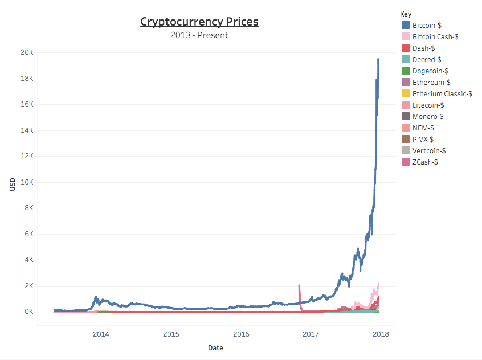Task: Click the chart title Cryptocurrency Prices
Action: (x=199, y=22)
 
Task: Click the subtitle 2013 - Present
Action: (x=199, y=35)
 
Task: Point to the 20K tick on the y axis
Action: (x=27, y=52)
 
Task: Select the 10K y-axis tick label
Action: (x=27, y=182)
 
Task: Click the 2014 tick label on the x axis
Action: (x=101, y=334)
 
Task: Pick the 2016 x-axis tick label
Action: (x=241, y=334)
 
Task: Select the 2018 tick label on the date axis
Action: (x=380, y=334)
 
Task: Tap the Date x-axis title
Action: (x=215, y=348)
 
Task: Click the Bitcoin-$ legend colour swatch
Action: (x=406, y=25)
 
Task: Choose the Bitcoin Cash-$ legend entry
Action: (x=435, y=36)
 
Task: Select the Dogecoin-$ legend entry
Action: (x=430, y=71)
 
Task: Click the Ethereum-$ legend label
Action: (x=431, y=82)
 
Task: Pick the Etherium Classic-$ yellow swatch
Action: (x=406, y=93)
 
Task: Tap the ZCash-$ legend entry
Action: (x=424, y=162)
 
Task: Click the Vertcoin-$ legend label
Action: (x=429, y=150)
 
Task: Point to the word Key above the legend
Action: (x=406, y=14)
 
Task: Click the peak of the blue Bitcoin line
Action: (x=378, y=59)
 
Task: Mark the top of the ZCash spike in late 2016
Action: (x=299, y=285)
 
